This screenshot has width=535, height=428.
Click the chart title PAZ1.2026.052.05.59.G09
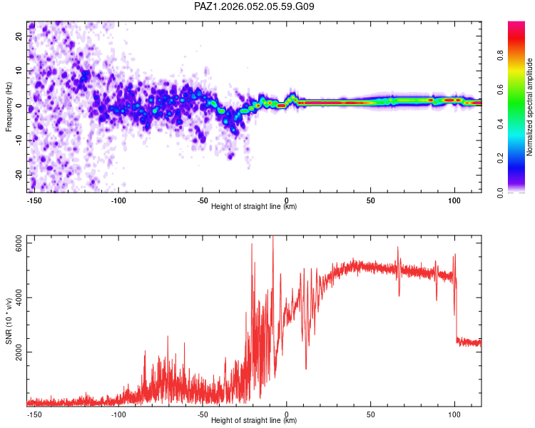pyautogui.click(x=255, y=7)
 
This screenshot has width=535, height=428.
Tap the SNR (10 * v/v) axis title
pyautogui.click(x=9, y=320)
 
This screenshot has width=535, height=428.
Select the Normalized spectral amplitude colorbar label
pyautogui.click(x=530, y=107)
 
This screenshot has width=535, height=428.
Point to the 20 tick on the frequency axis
pyautogui.click(x=19, y=36)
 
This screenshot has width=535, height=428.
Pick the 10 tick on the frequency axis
pyautogui.click(x=19, y=71)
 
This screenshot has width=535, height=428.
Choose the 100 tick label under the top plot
pyautogui.click(x=455, y=200)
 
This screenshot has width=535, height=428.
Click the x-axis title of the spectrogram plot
pyautogui.click(x=254, y=207)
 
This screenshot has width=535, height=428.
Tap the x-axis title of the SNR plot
pyautogui.click(x=254, y=421)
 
